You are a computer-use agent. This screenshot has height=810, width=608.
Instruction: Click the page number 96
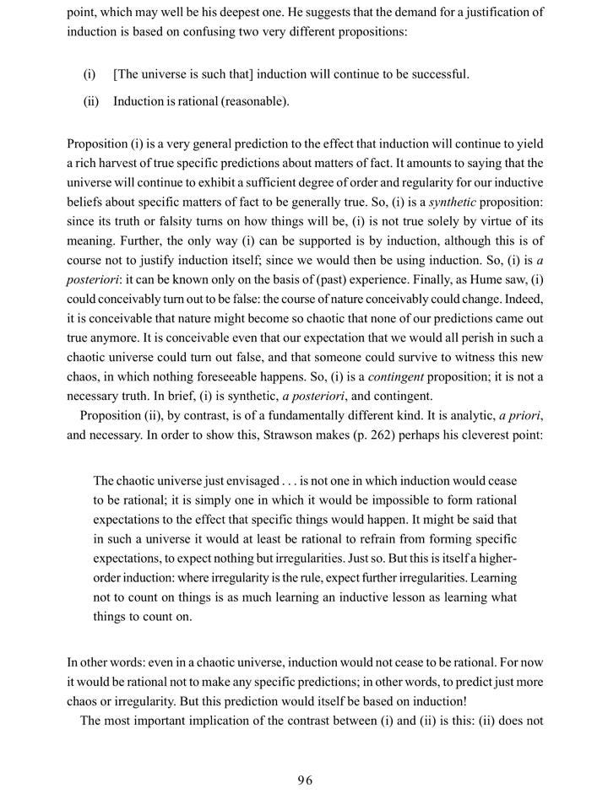point(305,780)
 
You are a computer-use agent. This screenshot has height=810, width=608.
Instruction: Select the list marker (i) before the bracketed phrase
point(89,74)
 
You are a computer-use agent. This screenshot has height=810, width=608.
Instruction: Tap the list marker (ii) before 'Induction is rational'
point(90,101)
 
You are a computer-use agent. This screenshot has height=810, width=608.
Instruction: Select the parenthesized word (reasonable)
point(252,101)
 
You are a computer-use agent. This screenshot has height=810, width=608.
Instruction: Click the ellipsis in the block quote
point(292,482)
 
